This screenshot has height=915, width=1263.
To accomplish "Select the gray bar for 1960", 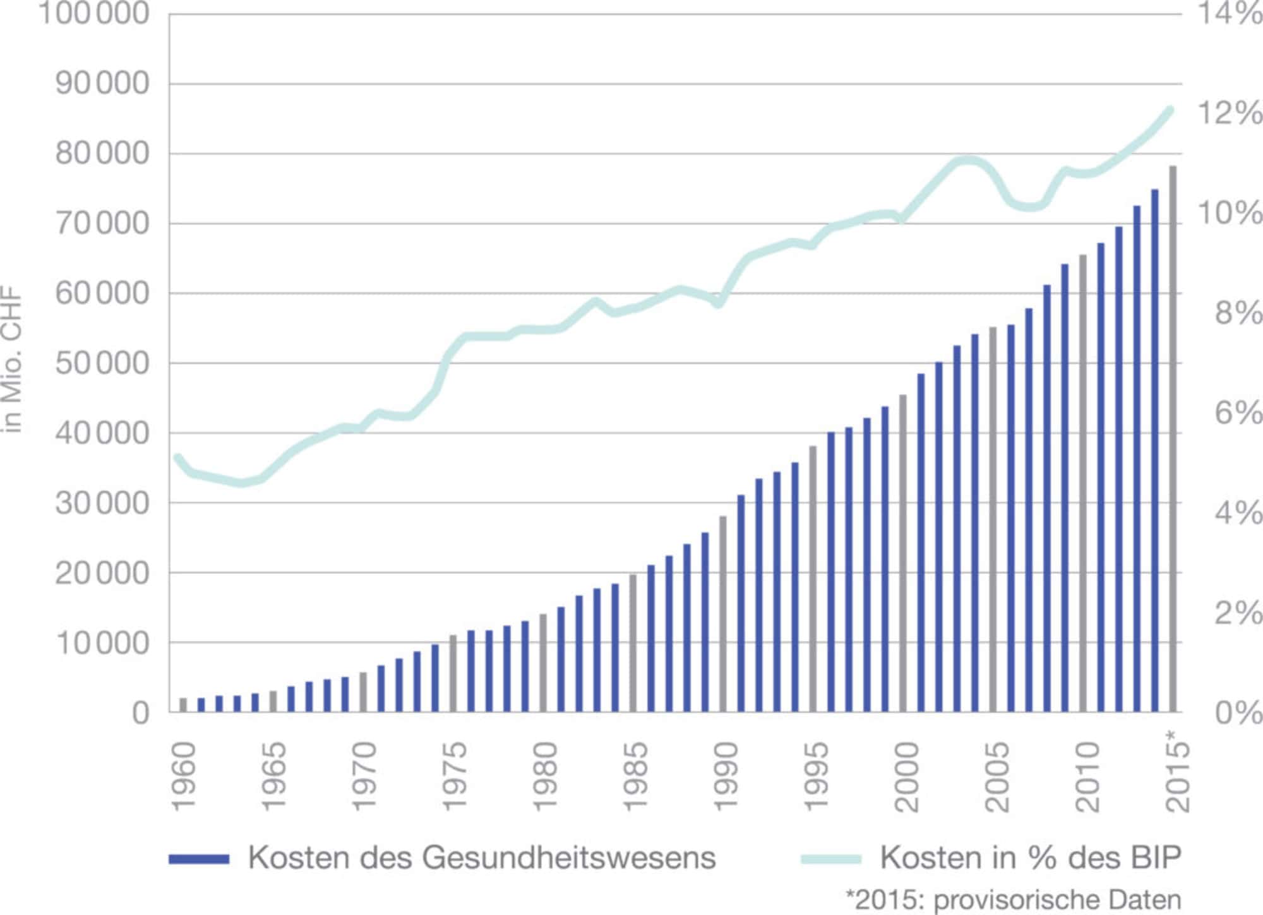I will pos(183,705).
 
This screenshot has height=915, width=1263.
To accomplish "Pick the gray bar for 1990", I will pos(723,614).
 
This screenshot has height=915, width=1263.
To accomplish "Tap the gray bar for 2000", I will pos(903,553).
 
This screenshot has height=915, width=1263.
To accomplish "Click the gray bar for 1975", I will pos(453,673).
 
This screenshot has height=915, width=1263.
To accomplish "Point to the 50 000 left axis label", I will pos(102,364).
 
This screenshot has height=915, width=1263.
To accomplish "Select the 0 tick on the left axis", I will pos(141,714).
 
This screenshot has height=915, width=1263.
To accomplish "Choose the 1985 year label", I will pos(635,777).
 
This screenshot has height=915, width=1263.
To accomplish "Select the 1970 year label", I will pos(364,777).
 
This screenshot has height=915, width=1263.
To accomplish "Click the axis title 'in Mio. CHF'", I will pos(13,361).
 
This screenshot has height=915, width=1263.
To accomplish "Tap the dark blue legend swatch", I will pos(198,859).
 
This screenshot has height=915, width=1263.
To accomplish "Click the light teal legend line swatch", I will pos(830,859).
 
